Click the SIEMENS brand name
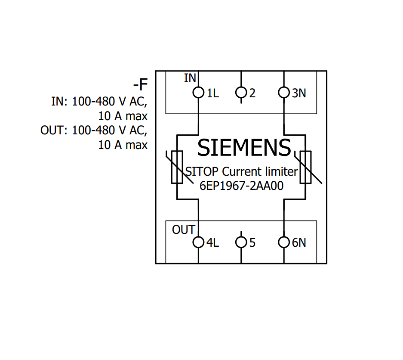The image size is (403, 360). (244, 148)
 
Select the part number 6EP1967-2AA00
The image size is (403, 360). (242, 186)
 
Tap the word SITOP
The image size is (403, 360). (202, 172)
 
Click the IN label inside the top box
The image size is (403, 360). (190, 78)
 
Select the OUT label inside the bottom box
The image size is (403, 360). (184, 230)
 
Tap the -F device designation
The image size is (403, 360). (140, 84)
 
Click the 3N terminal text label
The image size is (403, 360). (299, 93)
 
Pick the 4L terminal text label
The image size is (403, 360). (212, 243)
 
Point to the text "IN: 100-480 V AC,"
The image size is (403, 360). (99, 101)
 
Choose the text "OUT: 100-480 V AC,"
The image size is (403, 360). (94, 130)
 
